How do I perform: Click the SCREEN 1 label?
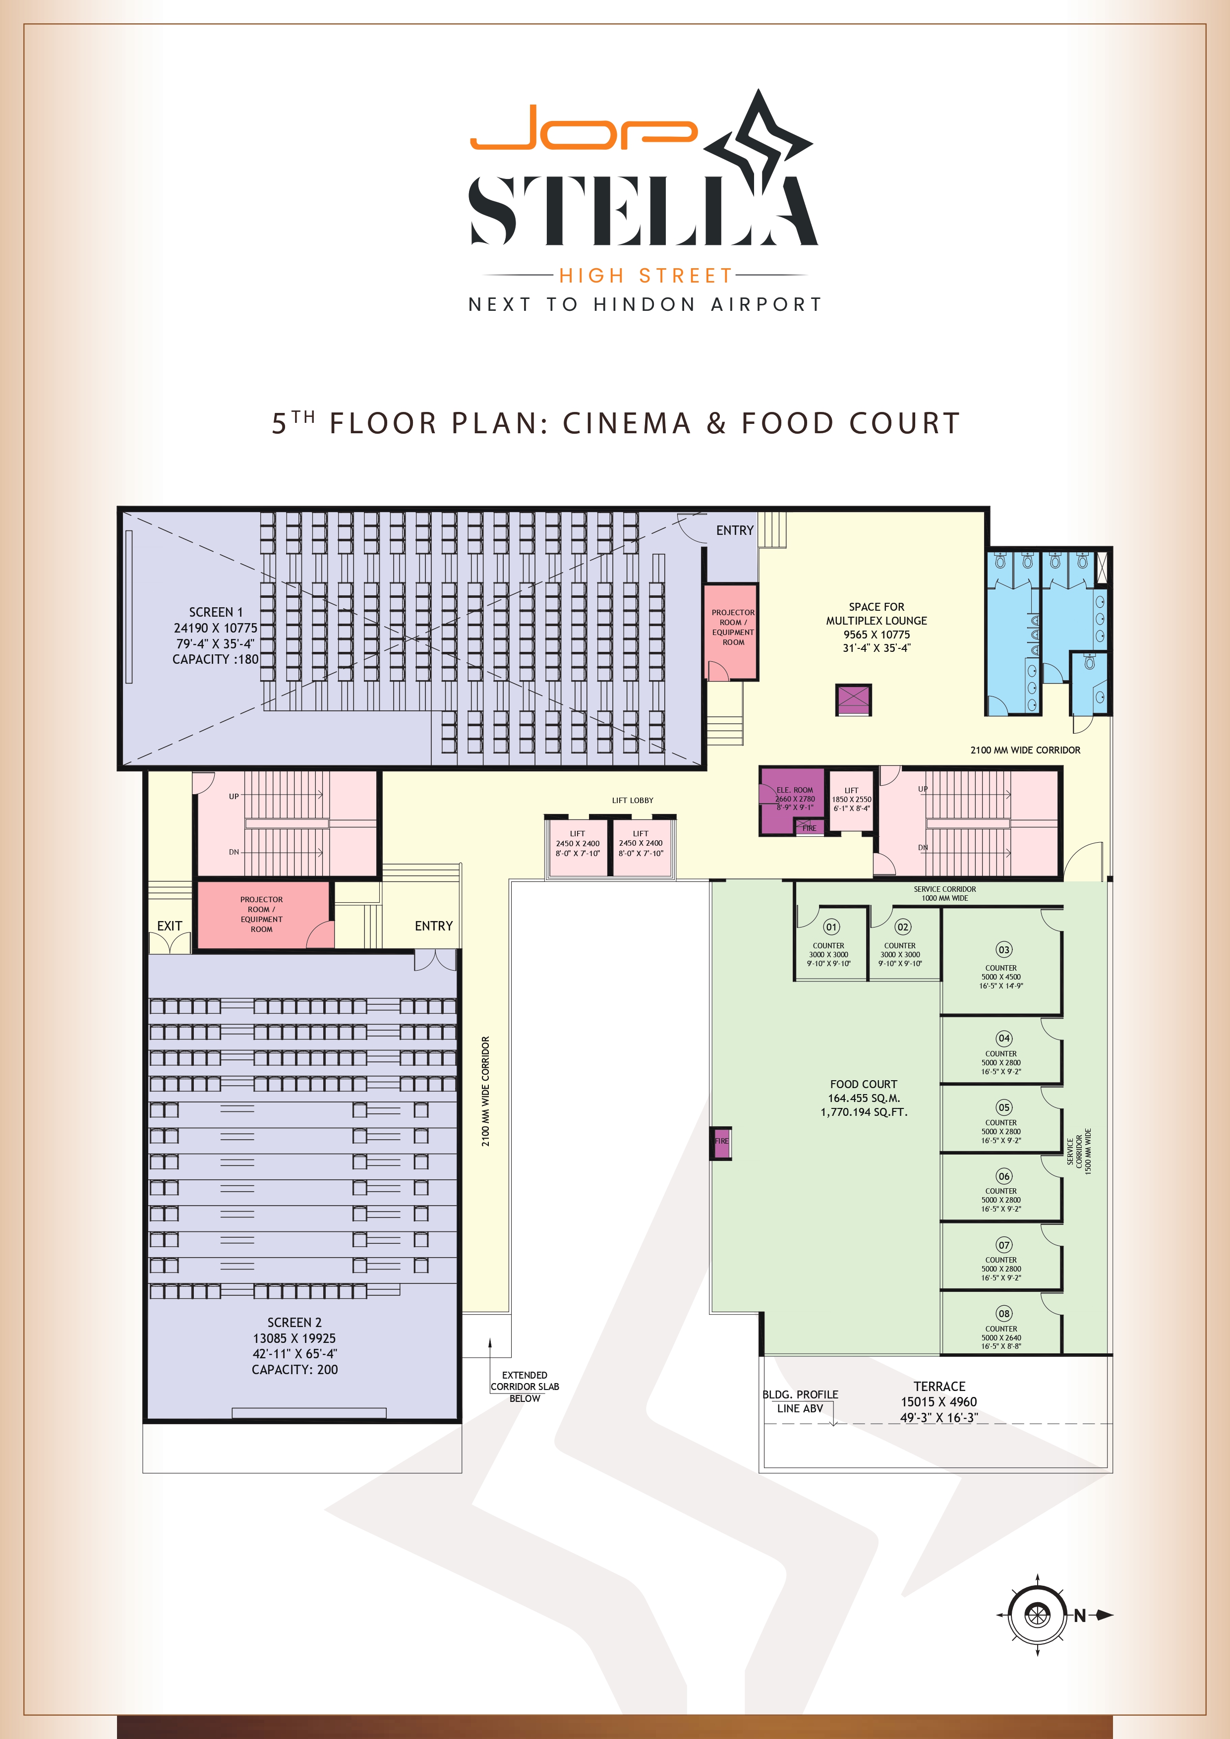(216, 612)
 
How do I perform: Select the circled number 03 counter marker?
(1003, 950)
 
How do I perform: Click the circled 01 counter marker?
(831, 927)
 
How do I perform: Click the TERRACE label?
(939, 1386)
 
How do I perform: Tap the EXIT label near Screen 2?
(170, 926)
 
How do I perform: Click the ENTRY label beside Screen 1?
(735, 530)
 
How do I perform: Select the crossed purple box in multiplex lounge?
(854, 699)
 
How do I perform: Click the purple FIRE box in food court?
(720, 1141)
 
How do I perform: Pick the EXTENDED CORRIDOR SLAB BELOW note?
(525, 1386)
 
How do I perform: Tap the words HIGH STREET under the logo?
(646, 276)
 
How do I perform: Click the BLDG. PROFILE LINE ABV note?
(800, 1401)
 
